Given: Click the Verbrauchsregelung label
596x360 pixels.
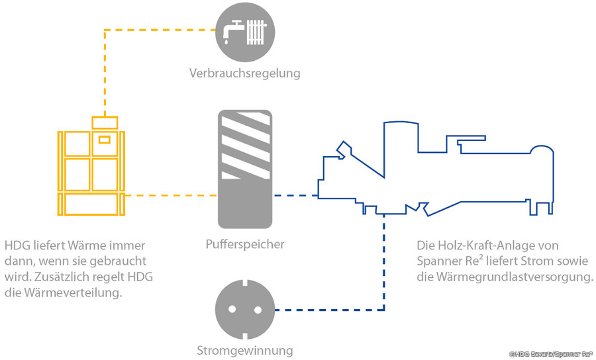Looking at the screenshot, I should (244, 73).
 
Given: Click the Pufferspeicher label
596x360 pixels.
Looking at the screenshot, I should (245, 244).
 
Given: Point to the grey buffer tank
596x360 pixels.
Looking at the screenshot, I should (245, 169).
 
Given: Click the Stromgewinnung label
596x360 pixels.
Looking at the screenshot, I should (245, 351).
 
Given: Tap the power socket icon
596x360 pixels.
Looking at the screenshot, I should (244, 310).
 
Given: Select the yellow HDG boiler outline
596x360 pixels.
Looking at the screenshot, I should (91, 173).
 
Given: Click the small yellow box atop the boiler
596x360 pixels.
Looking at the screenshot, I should (105, 122).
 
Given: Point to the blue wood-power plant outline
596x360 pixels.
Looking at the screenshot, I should (437, 172).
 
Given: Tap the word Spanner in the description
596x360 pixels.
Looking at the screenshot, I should (440, 261).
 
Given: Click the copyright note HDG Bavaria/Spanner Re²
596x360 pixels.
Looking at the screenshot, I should (550, 354).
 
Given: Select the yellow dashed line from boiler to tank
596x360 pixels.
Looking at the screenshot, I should (172, 195).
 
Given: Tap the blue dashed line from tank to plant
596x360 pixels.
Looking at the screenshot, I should (295, 195).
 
